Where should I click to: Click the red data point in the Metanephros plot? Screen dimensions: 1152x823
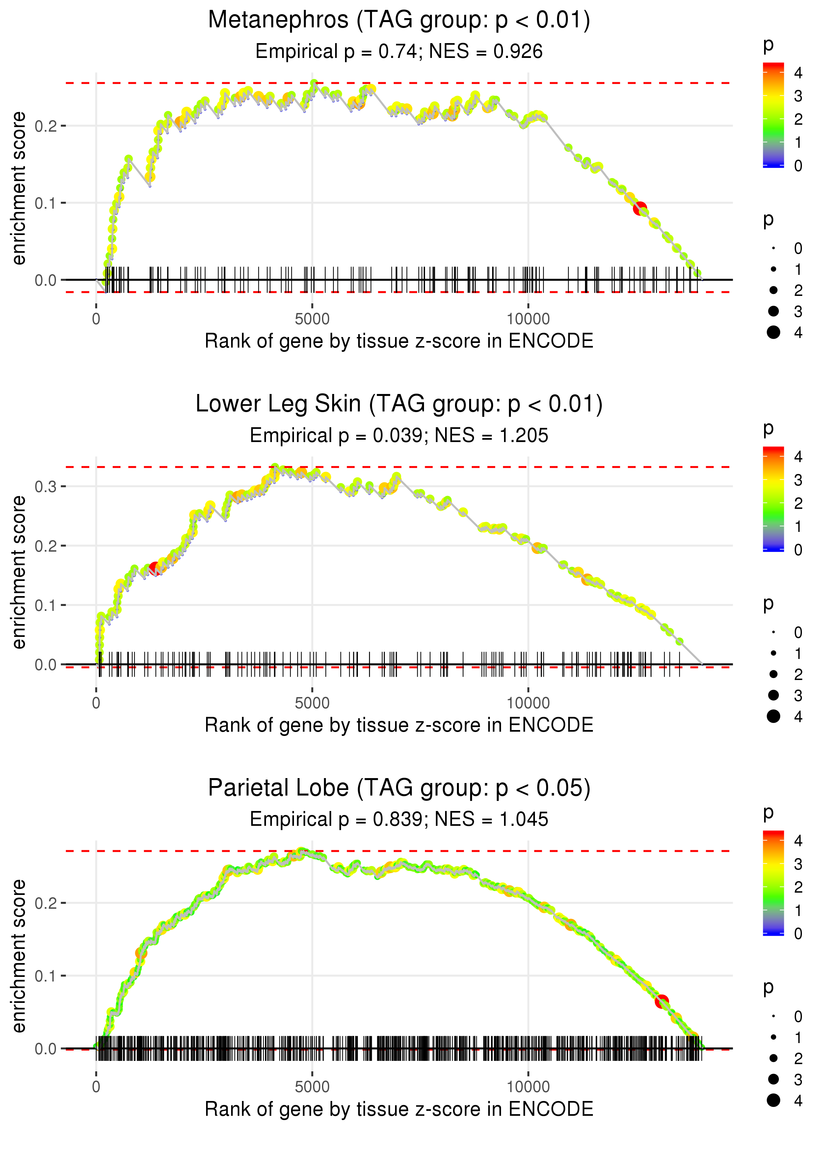click(640, 208)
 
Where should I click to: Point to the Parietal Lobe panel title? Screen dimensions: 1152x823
click(399, 788)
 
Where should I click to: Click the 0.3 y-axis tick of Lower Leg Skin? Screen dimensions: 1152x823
click(47, 486)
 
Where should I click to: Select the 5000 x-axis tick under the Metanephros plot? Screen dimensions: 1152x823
click(312, 319)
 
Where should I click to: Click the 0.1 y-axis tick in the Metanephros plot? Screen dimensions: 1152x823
click(47, 203)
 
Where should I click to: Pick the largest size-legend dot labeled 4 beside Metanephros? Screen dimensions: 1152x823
click(773, 332)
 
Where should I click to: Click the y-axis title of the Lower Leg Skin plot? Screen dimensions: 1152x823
click(19, 572)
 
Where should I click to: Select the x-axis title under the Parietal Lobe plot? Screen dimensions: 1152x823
click(399, 1109)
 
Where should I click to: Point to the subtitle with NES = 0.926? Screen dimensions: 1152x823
click(399, 51)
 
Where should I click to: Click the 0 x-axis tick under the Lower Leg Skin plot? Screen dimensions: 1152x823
click(96, 703)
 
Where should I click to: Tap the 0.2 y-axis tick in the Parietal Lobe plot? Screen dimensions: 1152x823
click(47, 903)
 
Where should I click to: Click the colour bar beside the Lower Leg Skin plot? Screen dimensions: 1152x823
click(773, 499)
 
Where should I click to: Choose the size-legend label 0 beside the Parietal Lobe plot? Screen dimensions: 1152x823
click(798, 1016)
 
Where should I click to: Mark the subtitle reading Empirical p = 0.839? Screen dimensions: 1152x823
click(399, 819)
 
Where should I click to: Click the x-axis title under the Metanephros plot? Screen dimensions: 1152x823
click(399, 341)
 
